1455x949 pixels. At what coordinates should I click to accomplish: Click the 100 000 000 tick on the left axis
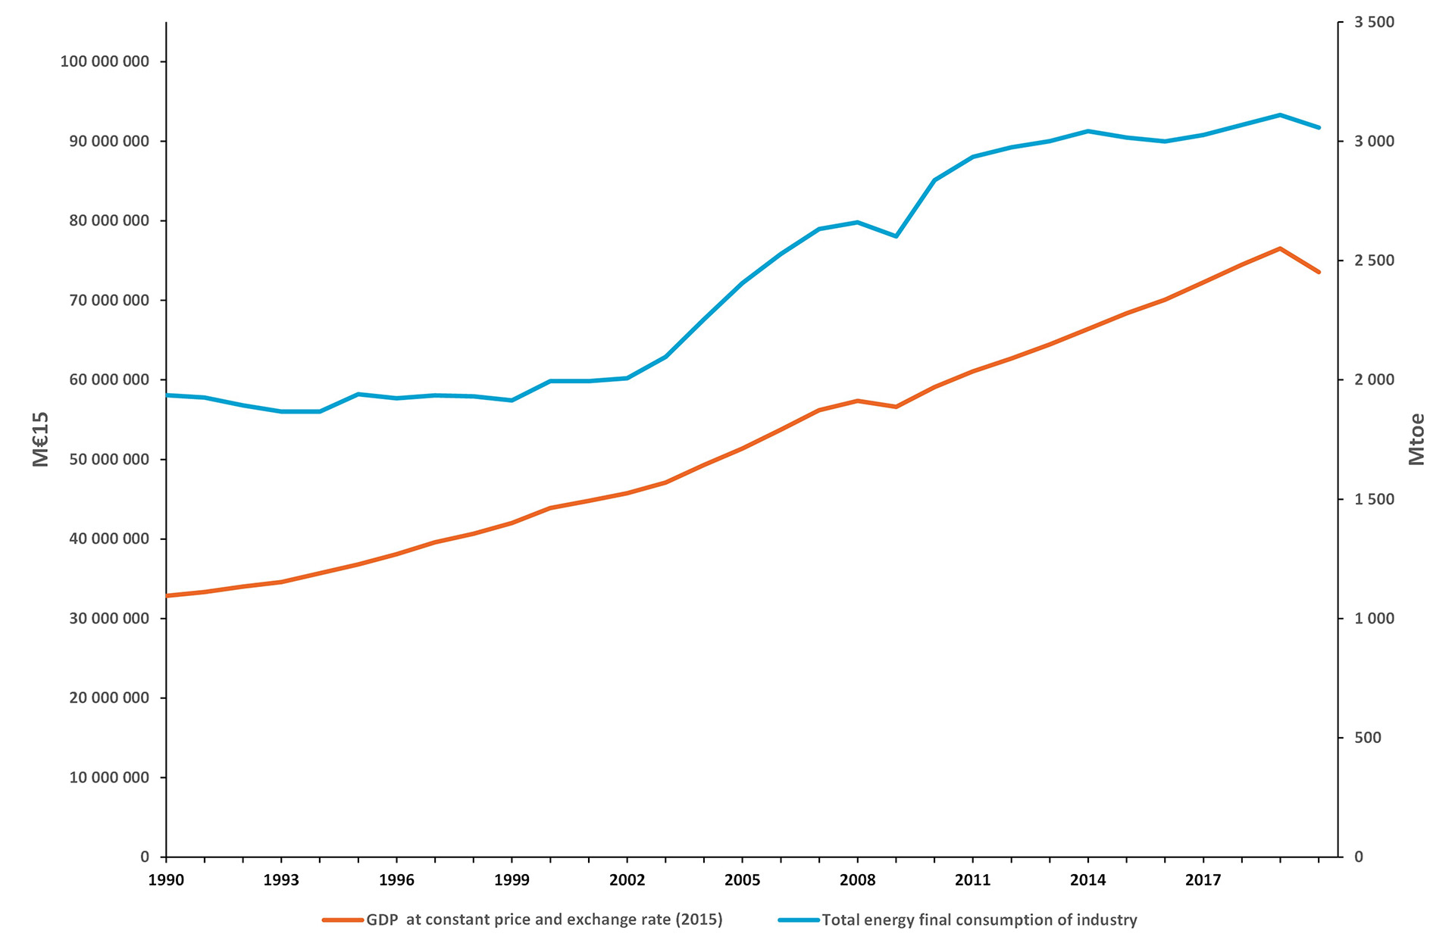[105, 61]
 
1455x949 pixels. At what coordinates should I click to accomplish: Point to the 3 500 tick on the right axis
[1375, 22]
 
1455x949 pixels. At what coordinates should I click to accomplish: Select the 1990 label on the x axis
[166, 880]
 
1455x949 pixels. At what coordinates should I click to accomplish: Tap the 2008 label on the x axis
[857, 880]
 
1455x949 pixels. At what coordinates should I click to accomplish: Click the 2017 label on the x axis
[1203, 880]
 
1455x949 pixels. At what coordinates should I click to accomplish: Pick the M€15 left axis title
[41, 439]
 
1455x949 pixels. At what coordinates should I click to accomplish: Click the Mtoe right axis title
[1416, 439]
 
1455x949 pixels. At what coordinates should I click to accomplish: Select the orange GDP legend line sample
[343, 920]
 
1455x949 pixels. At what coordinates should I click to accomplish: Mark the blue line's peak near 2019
[1280, 115]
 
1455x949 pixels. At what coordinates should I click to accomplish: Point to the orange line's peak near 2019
[1280, 248]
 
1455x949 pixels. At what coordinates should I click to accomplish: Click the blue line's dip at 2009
[896, 236]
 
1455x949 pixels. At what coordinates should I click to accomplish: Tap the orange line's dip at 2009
[896, 407]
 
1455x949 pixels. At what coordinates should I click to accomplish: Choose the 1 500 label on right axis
[1375, 499]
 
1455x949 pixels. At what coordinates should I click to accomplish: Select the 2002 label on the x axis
[627, 880]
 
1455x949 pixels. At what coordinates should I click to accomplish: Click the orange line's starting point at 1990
[167, 596]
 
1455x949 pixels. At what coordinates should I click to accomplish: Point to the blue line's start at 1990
[167, 395]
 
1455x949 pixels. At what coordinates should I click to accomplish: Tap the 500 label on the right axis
[1368, 738]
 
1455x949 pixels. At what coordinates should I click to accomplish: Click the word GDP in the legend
[382, 920]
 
